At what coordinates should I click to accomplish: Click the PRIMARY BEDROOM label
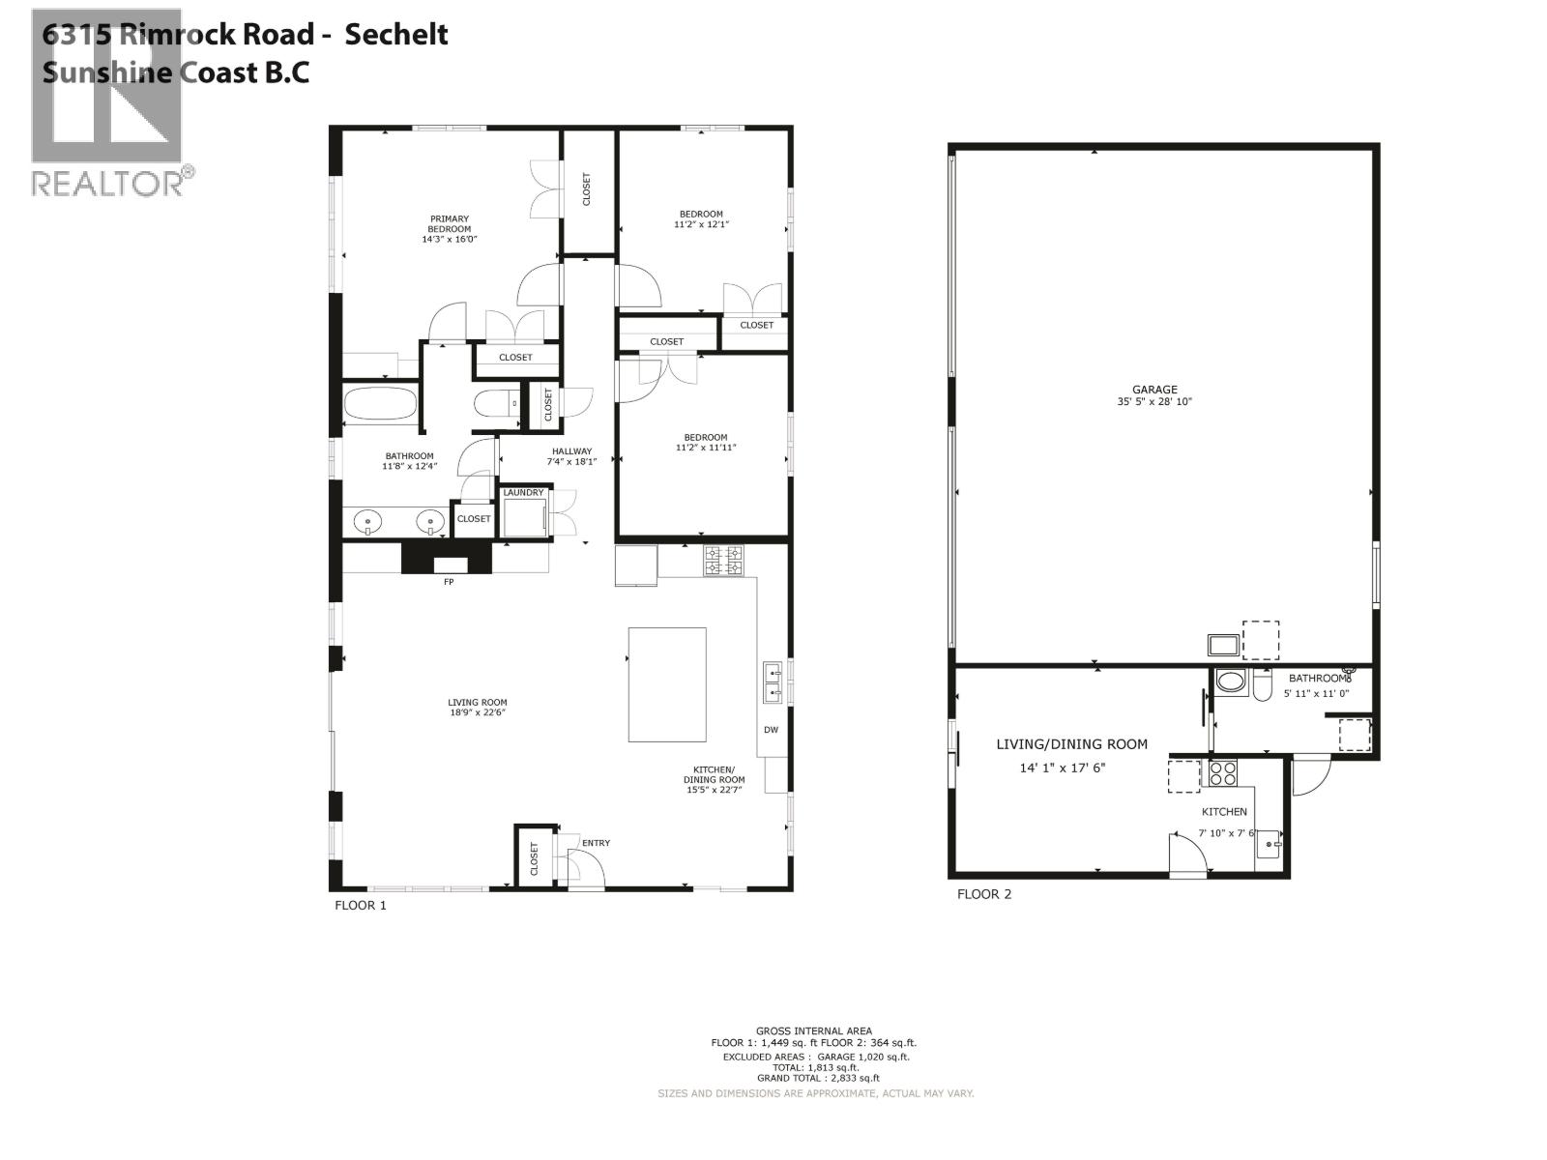tap(450, 224)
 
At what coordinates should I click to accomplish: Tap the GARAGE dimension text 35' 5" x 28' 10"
tap(1154, 401)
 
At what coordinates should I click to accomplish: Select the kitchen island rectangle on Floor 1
tap(667, 684)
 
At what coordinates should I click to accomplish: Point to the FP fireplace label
tap(449, 582)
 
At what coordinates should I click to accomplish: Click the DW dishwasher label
tap(771, 730)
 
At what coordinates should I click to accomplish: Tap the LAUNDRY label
tap(523, 493)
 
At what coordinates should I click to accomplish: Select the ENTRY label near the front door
tap(596, 843)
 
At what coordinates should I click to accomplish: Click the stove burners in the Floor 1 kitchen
tap(724, 561)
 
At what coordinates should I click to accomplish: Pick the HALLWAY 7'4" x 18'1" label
tap(572, 456)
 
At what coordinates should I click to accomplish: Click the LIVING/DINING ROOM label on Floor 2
tap(1071, 744)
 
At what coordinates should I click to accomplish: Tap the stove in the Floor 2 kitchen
tap(1222, 773)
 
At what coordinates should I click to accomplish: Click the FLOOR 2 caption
tap(983, 894)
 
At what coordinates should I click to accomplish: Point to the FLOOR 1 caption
tap(360, 906)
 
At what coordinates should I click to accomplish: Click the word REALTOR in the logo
tap(106, 183)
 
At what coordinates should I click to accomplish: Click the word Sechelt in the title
tap(396, 35)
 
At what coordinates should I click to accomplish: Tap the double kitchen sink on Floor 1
tap(773, 681)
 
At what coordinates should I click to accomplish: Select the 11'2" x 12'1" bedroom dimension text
tap(701, 224)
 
